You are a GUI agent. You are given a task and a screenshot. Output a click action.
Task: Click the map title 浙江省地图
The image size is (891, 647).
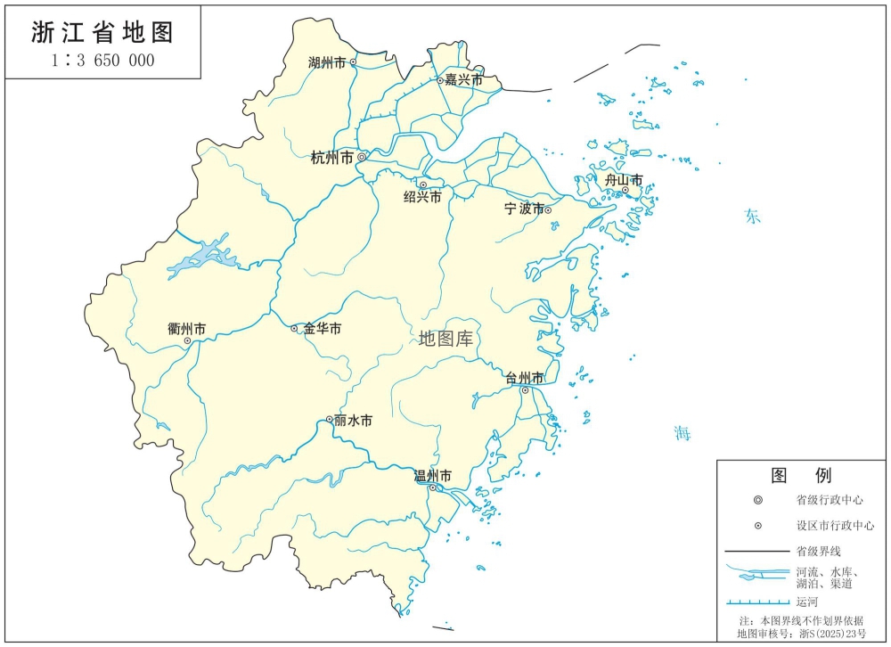(102, 33)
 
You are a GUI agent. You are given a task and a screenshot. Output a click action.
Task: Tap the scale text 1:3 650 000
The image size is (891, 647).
(102, 61)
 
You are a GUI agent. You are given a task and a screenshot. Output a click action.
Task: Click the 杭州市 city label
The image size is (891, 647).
(332, 159)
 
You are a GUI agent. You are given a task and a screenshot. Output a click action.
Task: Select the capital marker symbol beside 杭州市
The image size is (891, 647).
(362, 157)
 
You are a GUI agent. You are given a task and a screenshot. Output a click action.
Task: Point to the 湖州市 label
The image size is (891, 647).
(326, 63)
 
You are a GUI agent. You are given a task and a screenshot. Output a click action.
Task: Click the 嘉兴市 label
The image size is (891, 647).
(464, 80)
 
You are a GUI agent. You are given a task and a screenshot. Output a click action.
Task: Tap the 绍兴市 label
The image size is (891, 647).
(422, 197)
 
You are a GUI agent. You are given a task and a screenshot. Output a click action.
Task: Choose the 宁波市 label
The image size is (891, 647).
(524, 209)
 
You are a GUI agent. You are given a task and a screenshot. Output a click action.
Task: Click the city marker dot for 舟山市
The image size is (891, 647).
(625, 190)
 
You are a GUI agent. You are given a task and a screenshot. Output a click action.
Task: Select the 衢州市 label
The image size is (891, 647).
(186, 329)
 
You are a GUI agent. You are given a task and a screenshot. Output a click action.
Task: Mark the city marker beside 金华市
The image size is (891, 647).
(295, 329)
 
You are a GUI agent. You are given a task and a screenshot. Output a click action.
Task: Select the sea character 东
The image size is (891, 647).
(754, 217)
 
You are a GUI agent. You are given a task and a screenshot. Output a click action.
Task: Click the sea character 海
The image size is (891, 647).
(683, 434)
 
